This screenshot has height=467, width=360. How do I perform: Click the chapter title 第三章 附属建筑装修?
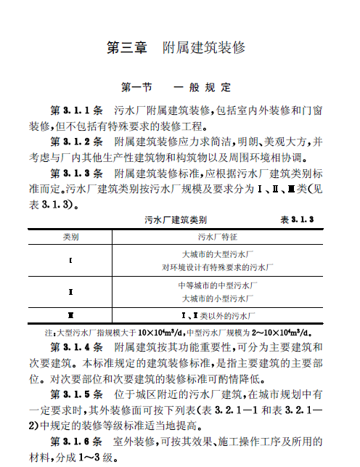[x=176, y=48]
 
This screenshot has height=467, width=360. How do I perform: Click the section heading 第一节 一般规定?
[x=176, y=88]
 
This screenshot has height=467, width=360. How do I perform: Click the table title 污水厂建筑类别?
[x=176, y=219]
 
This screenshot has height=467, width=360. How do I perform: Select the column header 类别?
[x=70, y=237]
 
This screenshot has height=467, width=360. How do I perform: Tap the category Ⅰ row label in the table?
[x=70, y=260]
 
